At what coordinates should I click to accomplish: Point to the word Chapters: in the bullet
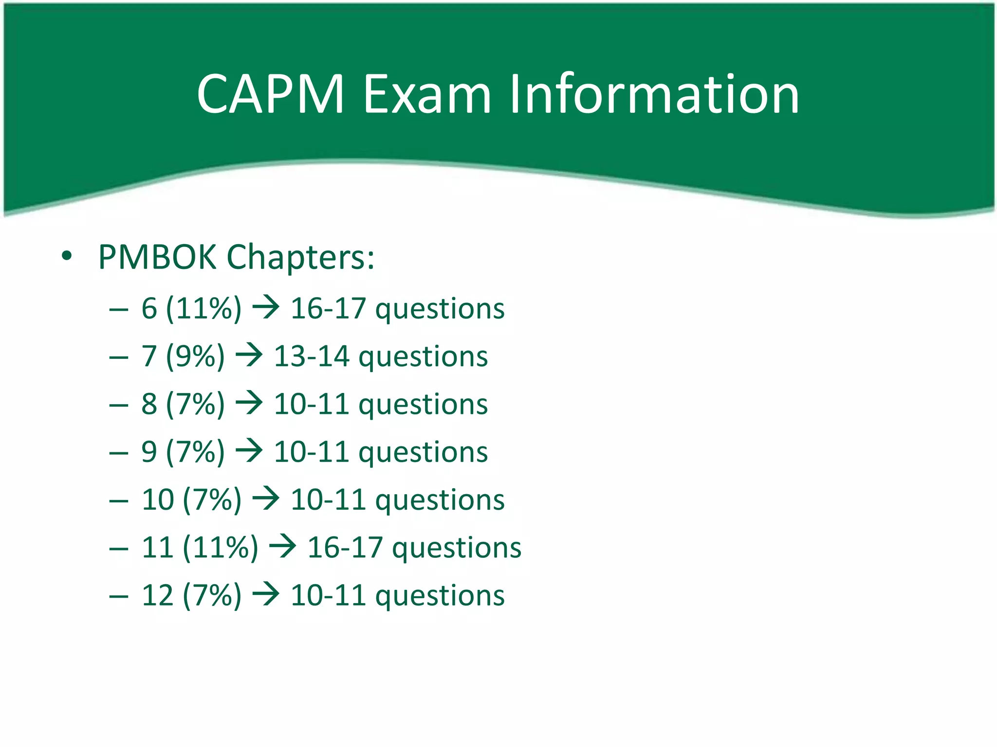pyautogui.click(x=301, y=258)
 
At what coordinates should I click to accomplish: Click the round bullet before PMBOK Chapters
pyautogui.click(x=67, y=256)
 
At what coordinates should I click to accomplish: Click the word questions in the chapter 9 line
pyautogui.click(x=423, y=452)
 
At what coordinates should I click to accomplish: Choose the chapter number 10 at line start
pyautogui.click(x=158, y=499)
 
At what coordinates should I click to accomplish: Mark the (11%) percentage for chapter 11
pyautogui.click(x=221, y=548)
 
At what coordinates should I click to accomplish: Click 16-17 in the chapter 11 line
pyautogui.click(x=345, y=548)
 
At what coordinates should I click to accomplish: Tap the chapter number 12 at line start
pyautogui.click(x=158, y=595)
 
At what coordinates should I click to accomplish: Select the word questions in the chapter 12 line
pyautogui.click(x=440, y=596)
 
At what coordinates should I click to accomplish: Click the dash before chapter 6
pyautogui.click(x=119, y=309)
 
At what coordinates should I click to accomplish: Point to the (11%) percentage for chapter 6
pyautogui.click(x=203, y=308)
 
